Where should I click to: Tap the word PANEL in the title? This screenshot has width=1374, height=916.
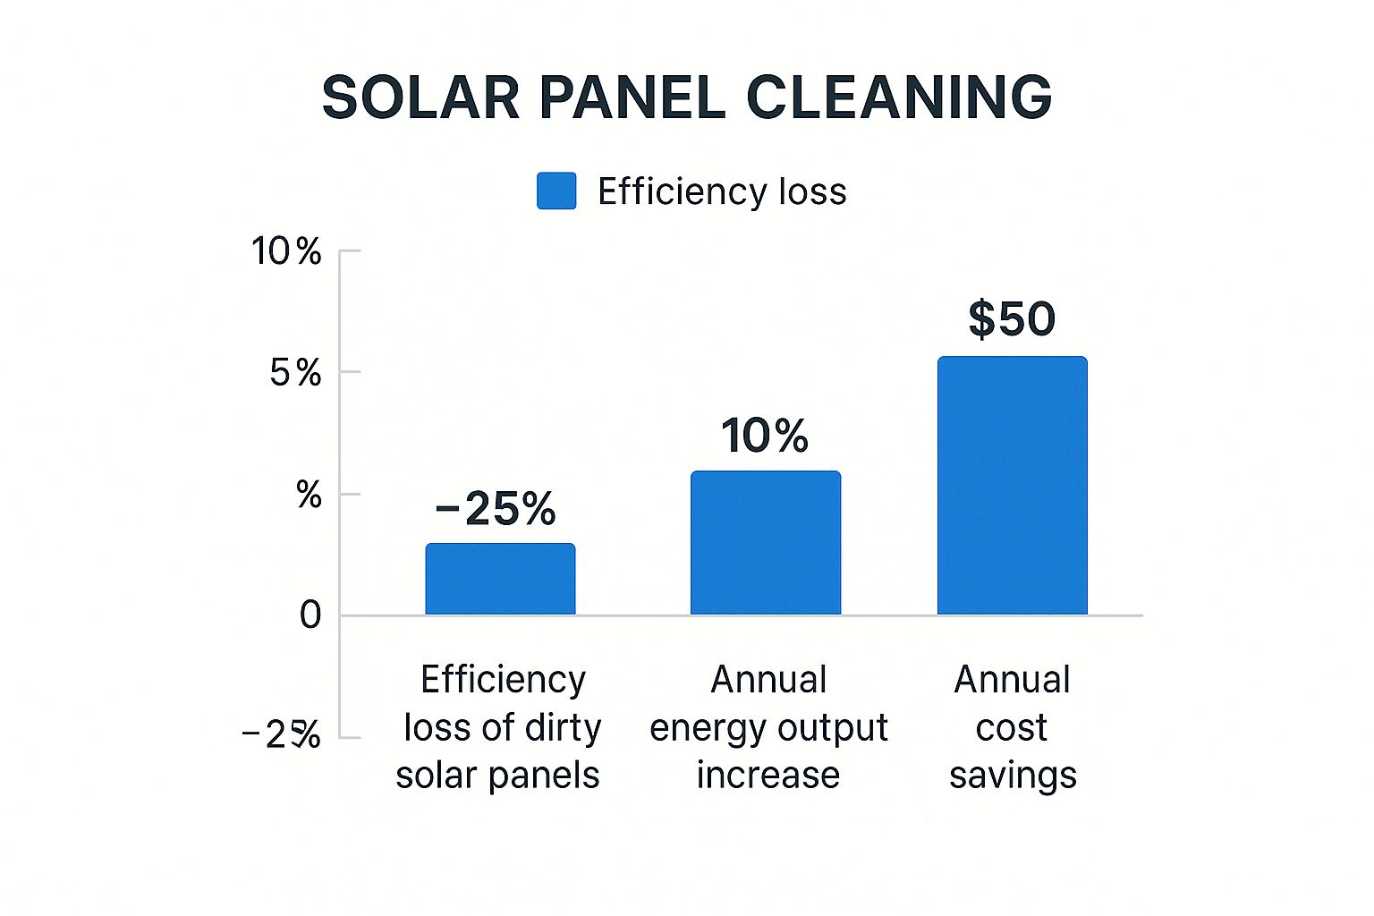click(x=632, y=97)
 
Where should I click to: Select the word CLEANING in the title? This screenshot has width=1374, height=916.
click(x=899, y=97)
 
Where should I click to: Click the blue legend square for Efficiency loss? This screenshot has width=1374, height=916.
click(x=556, y=191)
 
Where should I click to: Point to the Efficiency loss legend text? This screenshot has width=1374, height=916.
click(x=722, y=191)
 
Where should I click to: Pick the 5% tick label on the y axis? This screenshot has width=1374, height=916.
click(x=295, y=373)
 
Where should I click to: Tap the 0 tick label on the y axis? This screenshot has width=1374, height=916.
click(x=310, y=615)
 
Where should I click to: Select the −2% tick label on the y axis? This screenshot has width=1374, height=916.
click(x=282, y=735)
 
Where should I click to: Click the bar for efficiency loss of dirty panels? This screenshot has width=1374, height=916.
click(x=500, y=579)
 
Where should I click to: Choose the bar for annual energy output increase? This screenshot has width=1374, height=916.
click(x=766, y=543)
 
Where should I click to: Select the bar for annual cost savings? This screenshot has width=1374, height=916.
click(x=1012, y=486)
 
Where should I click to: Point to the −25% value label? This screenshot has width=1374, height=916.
click(x=496, y=509)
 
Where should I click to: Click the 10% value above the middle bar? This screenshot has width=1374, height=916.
click(x=765, y=436)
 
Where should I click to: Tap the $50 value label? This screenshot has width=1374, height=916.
click(x=1012, y=319)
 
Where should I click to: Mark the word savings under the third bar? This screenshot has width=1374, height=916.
click(x=1013, y=776)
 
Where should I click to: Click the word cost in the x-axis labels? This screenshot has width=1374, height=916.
click(x=1011, y=728)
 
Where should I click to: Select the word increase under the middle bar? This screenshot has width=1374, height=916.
click(x=768, y=775)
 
